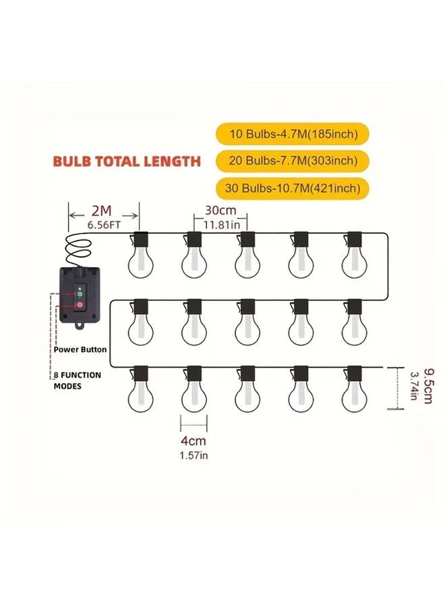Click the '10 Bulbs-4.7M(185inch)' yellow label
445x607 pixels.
pyautogui.click(x=292, y=134)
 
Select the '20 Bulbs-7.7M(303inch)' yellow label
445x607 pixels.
pyautogui.click(x=292, y=161)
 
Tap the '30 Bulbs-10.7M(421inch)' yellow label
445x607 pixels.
pyautogui.click(x=292, y=187)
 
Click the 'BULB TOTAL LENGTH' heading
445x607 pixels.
pyautogui.click(x=127, y=161)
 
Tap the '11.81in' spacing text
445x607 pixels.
pyautogui.click(x=220, y=224)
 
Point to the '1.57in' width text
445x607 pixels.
pyautogui.click(x=194, y=455)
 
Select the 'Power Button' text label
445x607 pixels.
pyautogui.click(x=80, y=350)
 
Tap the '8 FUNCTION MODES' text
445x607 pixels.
pyautogui.click(x=78, y=381)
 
